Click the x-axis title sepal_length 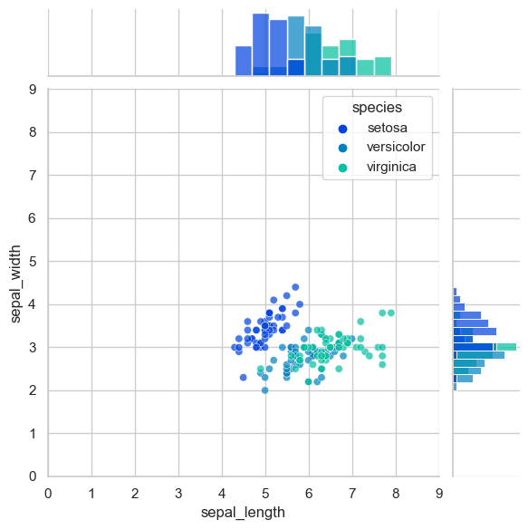coord(243,513)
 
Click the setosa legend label coord(388,128)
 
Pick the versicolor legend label coord(396,147)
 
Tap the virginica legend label coord(392,167)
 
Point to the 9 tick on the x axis coord(439,494)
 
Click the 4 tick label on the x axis coord(222,494)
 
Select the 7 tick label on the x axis coord(352,494)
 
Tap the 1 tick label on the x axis coord(91,494)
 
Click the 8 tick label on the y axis coord(33,132)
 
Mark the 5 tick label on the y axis coord(33,261)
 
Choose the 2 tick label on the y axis coord(33,390)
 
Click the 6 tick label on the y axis coord(33,218)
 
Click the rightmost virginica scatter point coord(391,313)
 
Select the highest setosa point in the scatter coord(295,287)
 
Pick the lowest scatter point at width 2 coord(265,390)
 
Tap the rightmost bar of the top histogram coord(383,66)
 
